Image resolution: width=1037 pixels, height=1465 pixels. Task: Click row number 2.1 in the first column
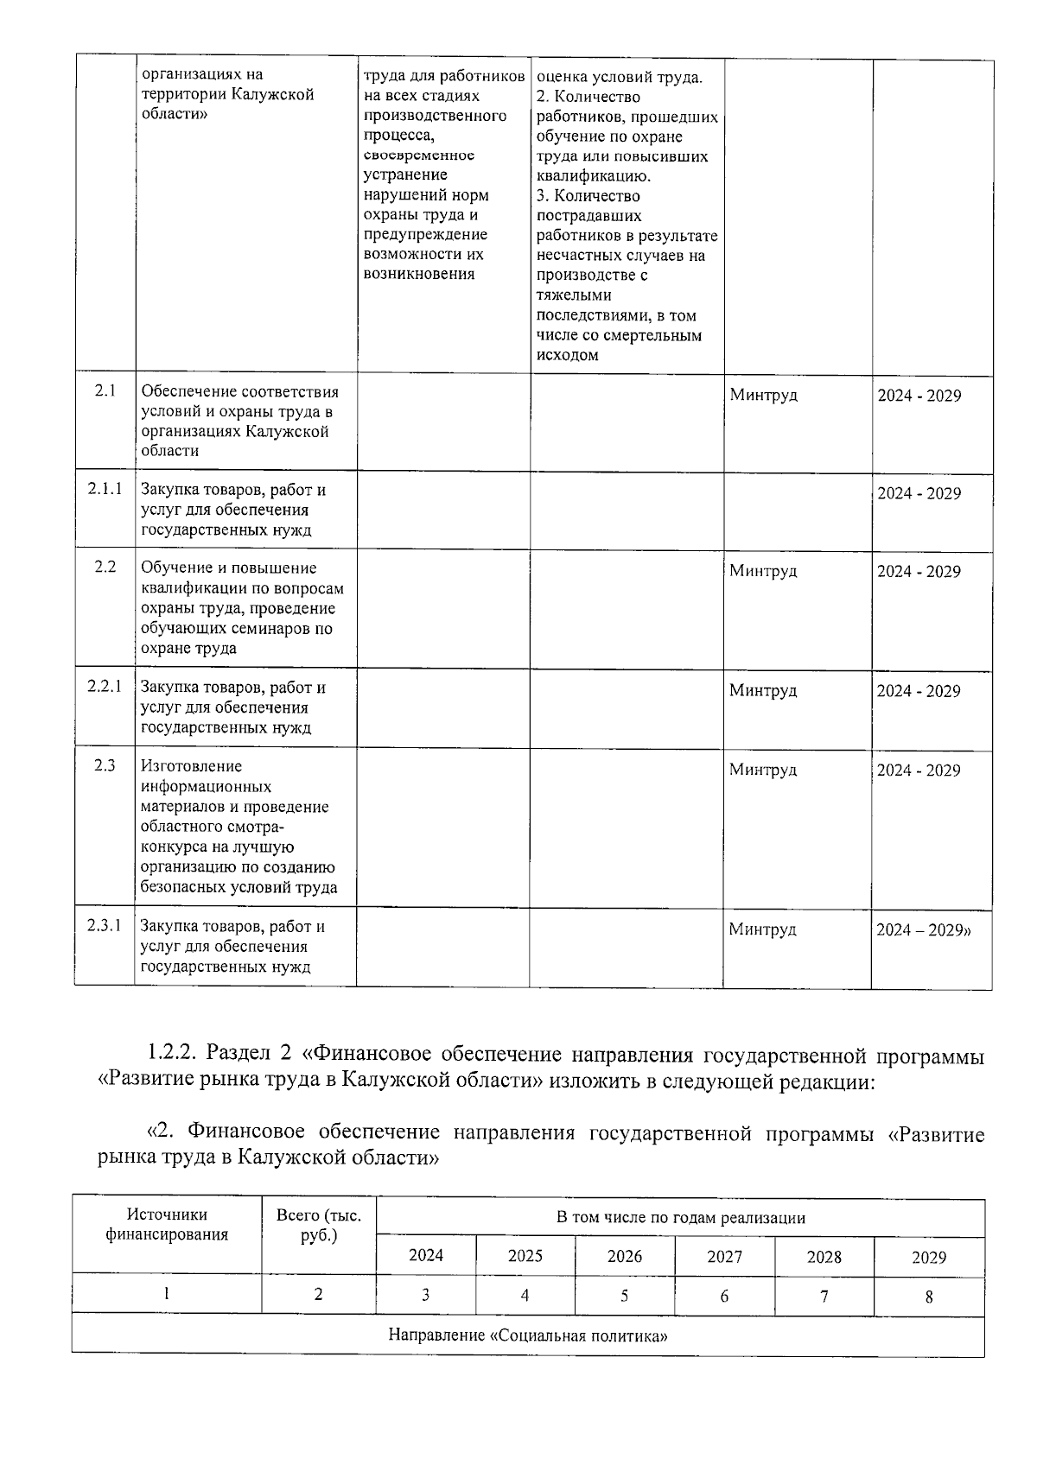(x=105, y=391)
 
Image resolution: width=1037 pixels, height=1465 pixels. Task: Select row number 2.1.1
(x=105, y=489)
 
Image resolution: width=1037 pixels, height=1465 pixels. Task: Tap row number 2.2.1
(x=105, y=687)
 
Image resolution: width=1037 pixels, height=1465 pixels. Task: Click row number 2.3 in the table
(x=105, y=765)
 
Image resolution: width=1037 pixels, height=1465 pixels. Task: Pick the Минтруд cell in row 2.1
(x=763, y=396)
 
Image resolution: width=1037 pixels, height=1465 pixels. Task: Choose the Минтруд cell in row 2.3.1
(x=762, y=929)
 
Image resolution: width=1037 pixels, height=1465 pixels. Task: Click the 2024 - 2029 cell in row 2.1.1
(x=919, y=493)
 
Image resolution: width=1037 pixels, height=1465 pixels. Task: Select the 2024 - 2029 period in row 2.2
(x=919, y=572)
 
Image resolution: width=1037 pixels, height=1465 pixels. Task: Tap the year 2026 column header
(x=624, y=1256)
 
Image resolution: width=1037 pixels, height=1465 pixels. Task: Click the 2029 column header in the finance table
(x=929, y=1258)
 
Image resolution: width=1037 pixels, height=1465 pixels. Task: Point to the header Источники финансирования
(x=167, y=1225)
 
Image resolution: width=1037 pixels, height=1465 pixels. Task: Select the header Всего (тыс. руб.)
(x=319, y=1226)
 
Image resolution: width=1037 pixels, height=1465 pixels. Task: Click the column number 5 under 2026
(x=624, y=1296)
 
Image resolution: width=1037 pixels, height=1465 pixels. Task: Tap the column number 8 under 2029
(x=929, y=1297)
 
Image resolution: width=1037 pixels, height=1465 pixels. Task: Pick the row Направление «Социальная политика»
(x=528, y=1335)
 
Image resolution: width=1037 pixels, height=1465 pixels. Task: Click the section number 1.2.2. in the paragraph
(x=175, y=1055)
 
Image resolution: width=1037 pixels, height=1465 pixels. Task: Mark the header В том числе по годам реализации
(x=680, y=1218)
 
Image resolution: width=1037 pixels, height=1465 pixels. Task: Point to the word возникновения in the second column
(x=420, y=274)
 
